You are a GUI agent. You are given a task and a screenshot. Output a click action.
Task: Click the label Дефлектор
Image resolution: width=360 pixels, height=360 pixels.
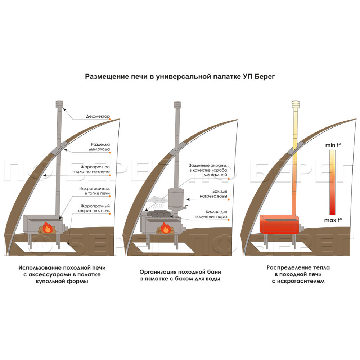(98, 116)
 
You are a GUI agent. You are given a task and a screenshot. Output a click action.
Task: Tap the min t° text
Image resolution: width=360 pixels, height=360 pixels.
(333, 145)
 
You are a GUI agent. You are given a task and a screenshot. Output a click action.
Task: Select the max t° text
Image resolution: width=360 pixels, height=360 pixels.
(333, 220)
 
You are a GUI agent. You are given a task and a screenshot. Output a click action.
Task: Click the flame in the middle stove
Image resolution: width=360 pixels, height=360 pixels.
(166, 228)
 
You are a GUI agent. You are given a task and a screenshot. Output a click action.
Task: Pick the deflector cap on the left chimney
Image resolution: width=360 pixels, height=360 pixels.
(59, 104)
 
